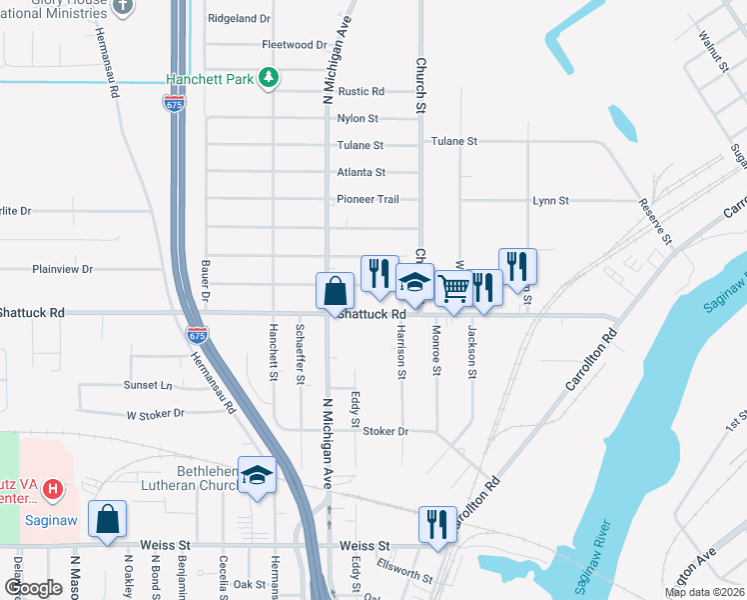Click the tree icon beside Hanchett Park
(x=268, y=78)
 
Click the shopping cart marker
(x=454, y=289)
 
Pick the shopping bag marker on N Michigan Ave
(x=336, y=291)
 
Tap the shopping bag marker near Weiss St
(x=107, y=519)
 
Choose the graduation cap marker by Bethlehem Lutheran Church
(x=258, y=477)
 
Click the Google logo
(x=33, y=587)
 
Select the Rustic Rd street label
(x=361, y=91)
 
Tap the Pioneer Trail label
(x=368, y=199)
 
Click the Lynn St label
(x=550, y=201)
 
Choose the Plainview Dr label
(x=62, y=269)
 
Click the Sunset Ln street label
(x=148, y=385)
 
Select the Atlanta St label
(x=361, y=172)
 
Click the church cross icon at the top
(x=123, y=6)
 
